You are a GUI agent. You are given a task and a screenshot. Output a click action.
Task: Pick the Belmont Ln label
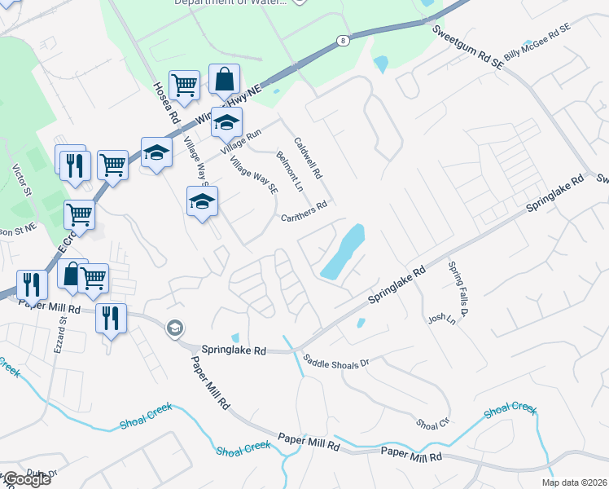[x=289, y=170]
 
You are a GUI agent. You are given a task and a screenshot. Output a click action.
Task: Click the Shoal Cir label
[x=432, y=424]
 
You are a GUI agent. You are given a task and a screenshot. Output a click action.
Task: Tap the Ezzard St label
[x=61, y=333]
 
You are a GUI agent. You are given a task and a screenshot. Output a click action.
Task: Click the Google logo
[x=26, y=479]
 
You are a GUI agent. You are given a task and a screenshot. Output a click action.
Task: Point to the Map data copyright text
[x=575, y=482]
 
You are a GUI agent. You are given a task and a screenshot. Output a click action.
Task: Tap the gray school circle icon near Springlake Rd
[x=174, y=328]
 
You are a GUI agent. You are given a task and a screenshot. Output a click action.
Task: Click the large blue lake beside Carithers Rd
[x=344, y=252]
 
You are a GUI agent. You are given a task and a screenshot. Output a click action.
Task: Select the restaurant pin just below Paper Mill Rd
[x=110, y=318]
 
